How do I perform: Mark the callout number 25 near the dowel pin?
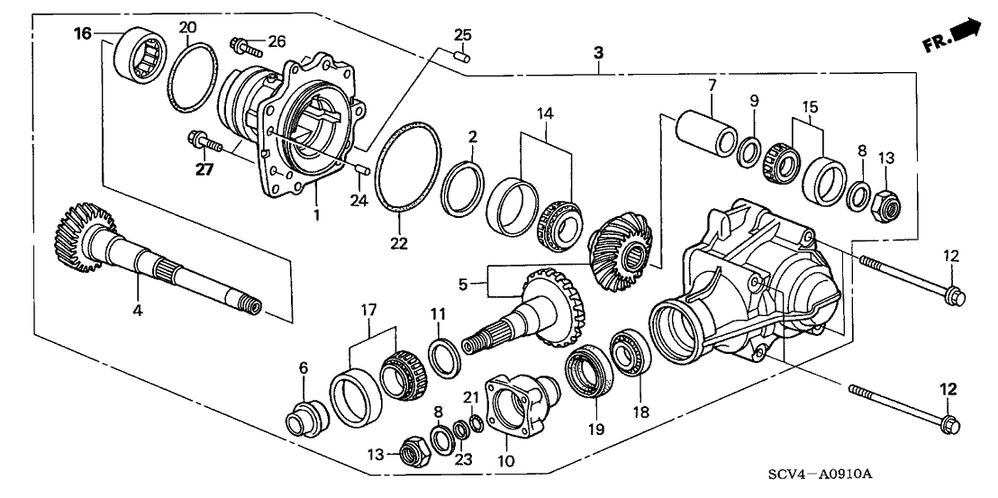(462, 35)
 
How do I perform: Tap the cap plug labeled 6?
(304, 418)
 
